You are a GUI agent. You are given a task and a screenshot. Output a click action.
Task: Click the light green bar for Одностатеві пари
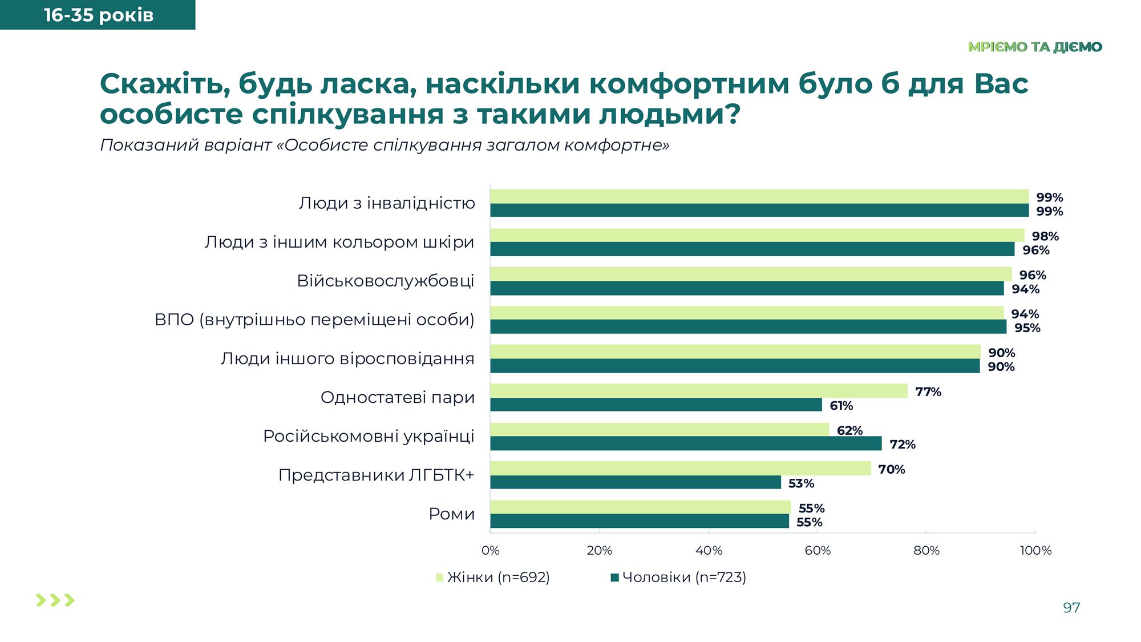click(698, 391)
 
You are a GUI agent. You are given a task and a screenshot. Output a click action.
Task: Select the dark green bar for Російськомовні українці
click(686, 443)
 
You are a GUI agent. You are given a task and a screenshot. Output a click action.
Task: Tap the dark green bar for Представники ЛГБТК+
click(635, 482)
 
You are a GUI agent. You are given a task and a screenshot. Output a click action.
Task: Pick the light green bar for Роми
click(640, 507)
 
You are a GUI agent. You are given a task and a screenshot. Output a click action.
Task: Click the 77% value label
click(928, 392)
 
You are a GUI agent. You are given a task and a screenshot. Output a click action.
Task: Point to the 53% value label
click(801, 483)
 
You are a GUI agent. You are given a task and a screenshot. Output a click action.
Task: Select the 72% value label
click(902, 445)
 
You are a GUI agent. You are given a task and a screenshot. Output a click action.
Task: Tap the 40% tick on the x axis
click(709, 551)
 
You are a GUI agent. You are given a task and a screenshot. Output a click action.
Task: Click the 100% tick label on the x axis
click(1035, 551)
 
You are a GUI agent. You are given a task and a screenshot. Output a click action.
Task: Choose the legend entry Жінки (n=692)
click(493, 578)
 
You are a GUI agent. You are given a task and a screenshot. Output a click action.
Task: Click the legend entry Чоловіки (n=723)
click(678, 578)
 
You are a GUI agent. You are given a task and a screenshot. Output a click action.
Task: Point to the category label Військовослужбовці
click(386, 281)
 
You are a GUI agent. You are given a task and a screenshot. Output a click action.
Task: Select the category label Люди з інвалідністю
click(387, 203)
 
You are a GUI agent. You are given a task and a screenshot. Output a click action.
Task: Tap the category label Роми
click(451, 514)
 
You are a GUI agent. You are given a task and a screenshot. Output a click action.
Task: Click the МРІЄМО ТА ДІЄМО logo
click(1035, 47)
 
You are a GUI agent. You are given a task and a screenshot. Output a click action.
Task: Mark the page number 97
click(1071, 608)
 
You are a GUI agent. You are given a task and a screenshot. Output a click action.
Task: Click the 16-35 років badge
click(98, 15)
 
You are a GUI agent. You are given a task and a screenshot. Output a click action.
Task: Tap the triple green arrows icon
click(55, 600)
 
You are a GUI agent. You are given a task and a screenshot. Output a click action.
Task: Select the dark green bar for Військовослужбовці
click(747, 288)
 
